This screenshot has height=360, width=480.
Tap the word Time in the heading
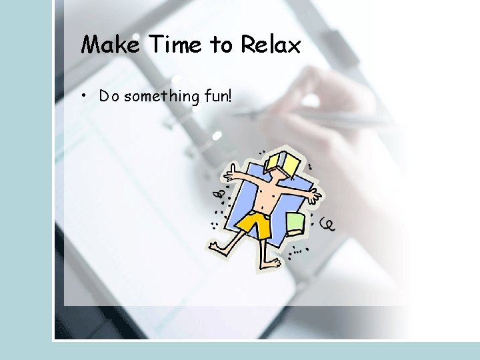pos(175,45)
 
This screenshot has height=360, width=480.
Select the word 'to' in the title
pos(220,45)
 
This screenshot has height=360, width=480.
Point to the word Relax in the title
pos(271,45)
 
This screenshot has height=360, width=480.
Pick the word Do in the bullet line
pos(109,96)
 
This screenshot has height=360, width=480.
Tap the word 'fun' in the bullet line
pos(215,96)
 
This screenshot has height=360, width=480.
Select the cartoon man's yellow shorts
pos(255,225)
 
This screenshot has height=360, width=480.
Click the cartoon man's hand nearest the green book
pos(313,197)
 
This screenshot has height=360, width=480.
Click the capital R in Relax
pos(248,45)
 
